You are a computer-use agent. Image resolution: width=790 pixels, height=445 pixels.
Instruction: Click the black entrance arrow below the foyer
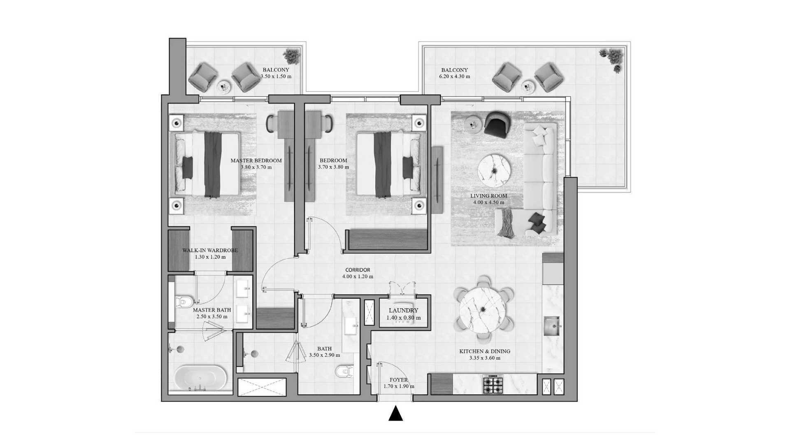point(395,414)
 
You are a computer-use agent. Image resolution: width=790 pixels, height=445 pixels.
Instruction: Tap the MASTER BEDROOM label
point(256,161)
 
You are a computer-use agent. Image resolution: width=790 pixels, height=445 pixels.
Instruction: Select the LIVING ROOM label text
point(488,196)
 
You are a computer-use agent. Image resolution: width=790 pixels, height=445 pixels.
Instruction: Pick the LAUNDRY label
point(403,311)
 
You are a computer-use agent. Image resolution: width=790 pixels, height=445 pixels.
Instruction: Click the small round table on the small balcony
point(223,87)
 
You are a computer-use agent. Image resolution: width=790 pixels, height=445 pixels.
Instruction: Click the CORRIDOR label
point(358,270)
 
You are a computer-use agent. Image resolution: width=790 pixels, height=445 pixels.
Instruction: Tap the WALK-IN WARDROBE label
point(210,251)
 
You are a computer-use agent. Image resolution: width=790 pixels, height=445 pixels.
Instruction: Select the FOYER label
point(398,380)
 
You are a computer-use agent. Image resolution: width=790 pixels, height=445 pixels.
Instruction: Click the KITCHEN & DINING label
point(485,351)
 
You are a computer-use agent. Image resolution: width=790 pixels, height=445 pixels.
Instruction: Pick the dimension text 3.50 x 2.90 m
point(325,355)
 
